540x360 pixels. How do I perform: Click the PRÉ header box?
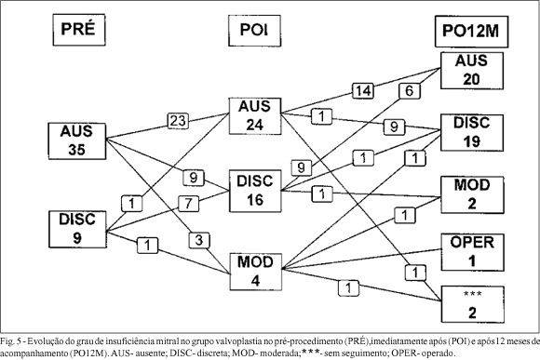pyautogui.click(x=79, y=30)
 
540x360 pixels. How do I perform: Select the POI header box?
pyautogui.click(x=254, y=31)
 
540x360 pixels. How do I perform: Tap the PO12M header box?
pyautogui.click(x=471, y=32)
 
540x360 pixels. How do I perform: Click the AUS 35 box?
pyautogui.click(x=77, y=141)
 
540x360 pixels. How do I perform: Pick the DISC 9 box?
pyautogui.click(x=77, y=229)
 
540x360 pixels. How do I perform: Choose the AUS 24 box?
pyautogui.click(x=255, y=116)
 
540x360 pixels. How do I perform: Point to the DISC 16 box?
pyautogui.click(x=255, y=191)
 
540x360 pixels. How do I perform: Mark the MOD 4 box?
pyautogui.click(x=255, y=272)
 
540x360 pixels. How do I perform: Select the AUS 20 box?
pyautogui.click(x=472, y=71)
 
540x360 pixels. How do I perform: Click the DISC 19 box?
pyautogui.click(x=472, y=133)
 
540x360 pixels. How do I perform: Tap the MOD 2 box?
pyautogui.click(x=472, y=195)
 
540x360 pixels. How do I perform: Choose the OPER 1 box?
pyautogui.click(x=473, y=252)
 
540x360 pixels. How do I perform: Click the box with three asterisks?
pyautogui.click(x=473, y=304)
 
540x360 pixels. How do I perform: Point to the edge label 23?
pyautogui.click(x=178, y=121)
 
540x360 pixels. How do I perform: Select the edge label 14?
pyautogui.click(x=363, y=91)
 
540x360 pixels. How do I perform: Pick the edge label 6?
pyautogui.click(x=410, y=91)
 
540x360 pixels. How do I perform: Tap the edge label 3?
pyautogui.click(x=199, y=240)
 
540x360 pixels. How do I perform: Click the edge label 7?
pyautogui.click(x=188, y=203)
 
